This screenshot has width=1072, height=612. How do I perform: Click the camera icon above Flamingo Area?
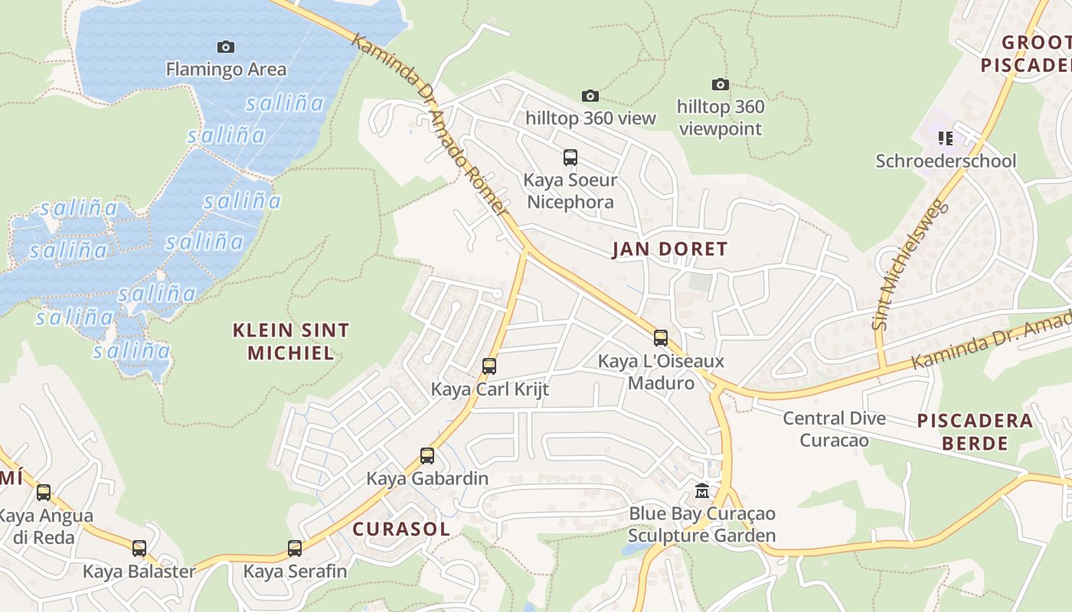coord(225,47)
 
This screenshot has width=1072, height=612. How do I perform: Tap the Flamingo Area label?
coord(226,70)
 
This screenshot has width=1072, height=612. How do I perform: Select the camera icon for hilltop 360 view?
coord(590,96)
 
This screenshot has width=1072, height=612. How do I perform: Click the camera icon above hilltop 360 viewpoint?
coord(720,84)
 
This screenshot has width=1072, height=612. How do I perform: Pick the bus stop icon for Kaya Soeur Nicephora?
coord(570,158)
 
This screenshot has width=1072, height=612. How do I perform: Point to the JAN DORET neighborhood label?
coord(669,249)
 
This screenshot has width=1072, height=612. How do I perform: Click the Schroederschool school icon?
coord(946,138)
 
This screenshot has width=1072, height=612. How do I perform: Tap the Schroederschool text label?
coord(946,161)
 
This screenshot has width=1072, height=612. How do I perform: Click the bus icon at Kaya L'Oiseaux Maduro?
coord(661,337)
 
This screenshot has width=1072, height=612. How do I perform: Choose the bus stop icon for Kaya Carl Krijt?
coord(489,366)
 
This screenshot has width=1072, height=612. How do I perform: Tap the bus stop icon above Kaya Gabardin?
coord(427,456)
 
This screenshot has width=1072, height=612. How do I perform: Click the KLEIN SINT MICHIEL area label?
coord(291,341)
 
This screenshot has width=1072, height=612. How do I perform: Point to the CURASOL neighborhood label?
coord(400,529)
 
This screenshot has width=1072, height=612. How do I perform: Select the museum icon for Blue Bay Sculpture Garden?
coord(701,490)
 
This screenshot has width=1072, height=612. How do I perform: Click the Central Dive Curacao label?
coord(834,429)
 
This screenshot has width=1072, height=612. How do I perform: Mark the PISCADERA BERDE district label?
coord(975,431)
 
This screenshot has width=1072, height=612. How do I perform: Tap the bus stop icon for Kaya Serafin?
coord(295,548)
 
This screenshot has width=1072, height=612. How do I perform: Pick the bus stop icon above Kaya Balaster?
coord(139,548)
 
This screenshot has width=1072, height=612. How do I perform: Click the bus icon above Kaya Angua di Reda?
coord(44,492)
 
